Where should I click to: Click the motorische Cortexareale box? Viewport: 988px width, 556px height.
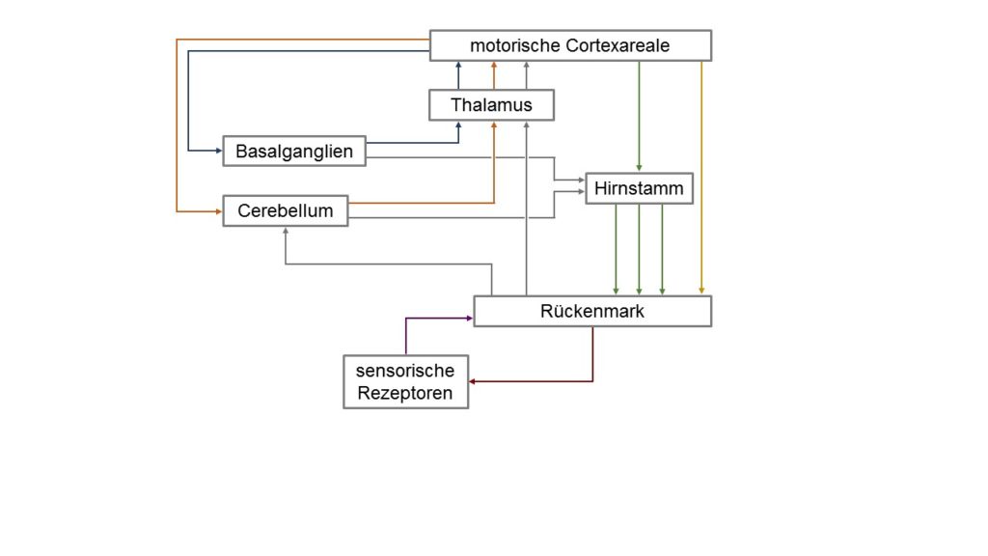pyautogui.click(x=570, y=45)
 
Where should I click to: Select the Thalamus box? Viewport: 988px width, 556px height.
pyautogui.click(x=491, y=104)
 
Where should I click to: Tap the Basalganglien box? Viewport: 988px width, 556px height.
pyautogui.click(x=294, y=152)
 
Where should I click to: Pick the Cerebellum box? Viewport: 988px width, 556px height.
pyautogui.click(x=286, y=210)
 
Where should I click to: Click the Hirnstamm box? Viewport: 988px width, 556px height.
pyautogui.click(x=639, y=188)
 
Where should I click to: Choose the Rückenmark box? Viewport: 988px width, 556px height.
pyautogui.click(x=592, y=311)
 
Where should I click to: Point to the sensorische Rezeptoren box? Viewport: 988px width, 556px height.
pyautogui.click(x=406, y=381)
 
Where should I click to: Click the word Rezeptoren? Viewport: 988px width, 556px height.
pyautogui.click(x=405, y=393)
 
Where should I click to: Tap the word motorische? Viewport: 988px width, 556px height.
pyautogui.click(x=515, y=45)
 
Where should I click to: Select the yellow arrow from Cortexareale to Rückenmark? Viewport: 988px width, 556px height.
pyautogui.click(x=701, y=178)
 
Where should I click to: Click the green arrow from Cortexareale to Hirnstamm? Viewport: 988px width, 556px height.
pyautogui.click(x=639, y=117)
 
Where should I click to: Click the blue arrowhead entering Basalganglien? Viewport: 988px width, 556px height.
pyautogui.click(x=219, y=151)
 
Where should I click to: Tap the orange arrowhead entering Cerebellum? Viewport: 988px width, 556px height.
pyautogui.click(x=219, y=211)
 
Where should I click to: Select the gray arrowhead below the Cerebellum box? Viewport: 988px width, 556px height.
pyautogui.click(x=286, y=231)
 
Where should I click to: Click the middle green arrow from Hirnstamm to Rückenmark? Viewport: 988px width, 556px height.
pyautogui.click(x=639, y=250)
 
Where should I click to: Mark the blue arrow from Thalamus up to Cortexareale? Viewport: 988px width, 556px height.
pyautogui.click(x=458, y=75)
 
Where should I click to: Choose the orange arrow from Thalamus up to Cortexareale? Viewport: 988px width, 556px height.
pyautogui.click(x=494, y=75)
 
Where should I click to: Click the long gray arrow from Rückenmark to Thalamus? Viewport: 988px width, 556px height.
pyautogui.click(x=526, y=208)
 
